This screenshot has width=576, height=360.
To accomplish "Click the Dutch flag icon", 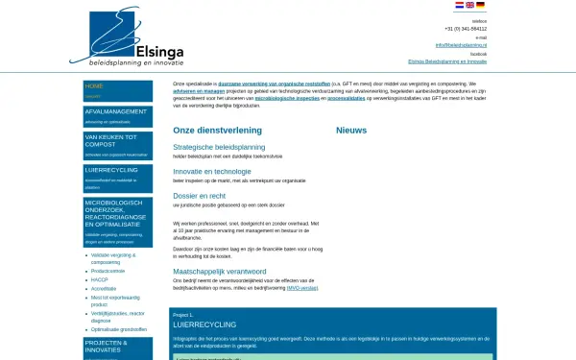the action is [459, 5].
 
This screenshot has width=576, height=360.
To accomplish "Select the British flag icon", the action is [469, 5].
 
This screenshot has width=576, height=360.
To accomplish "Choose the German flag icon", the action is [480, 5].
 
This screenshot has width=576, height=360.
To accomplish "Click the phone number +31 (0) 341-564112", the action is [465, 29].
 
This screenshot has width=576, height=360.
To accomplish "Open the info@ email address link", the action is [461, 45].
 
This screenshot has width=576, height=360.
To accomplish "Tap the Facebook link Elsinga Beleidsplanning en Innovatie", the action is [446, 61].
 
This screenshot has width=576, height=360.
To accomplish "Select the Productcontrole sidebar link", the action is [110, 270].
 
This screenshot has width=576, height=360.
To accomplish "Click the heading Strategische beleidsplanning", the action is [219, 147].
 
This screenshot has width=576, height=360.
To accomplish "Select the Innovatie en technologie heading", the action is [212, 171].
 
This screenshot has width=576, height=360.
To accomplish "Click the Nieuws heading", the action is [351, 130].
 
